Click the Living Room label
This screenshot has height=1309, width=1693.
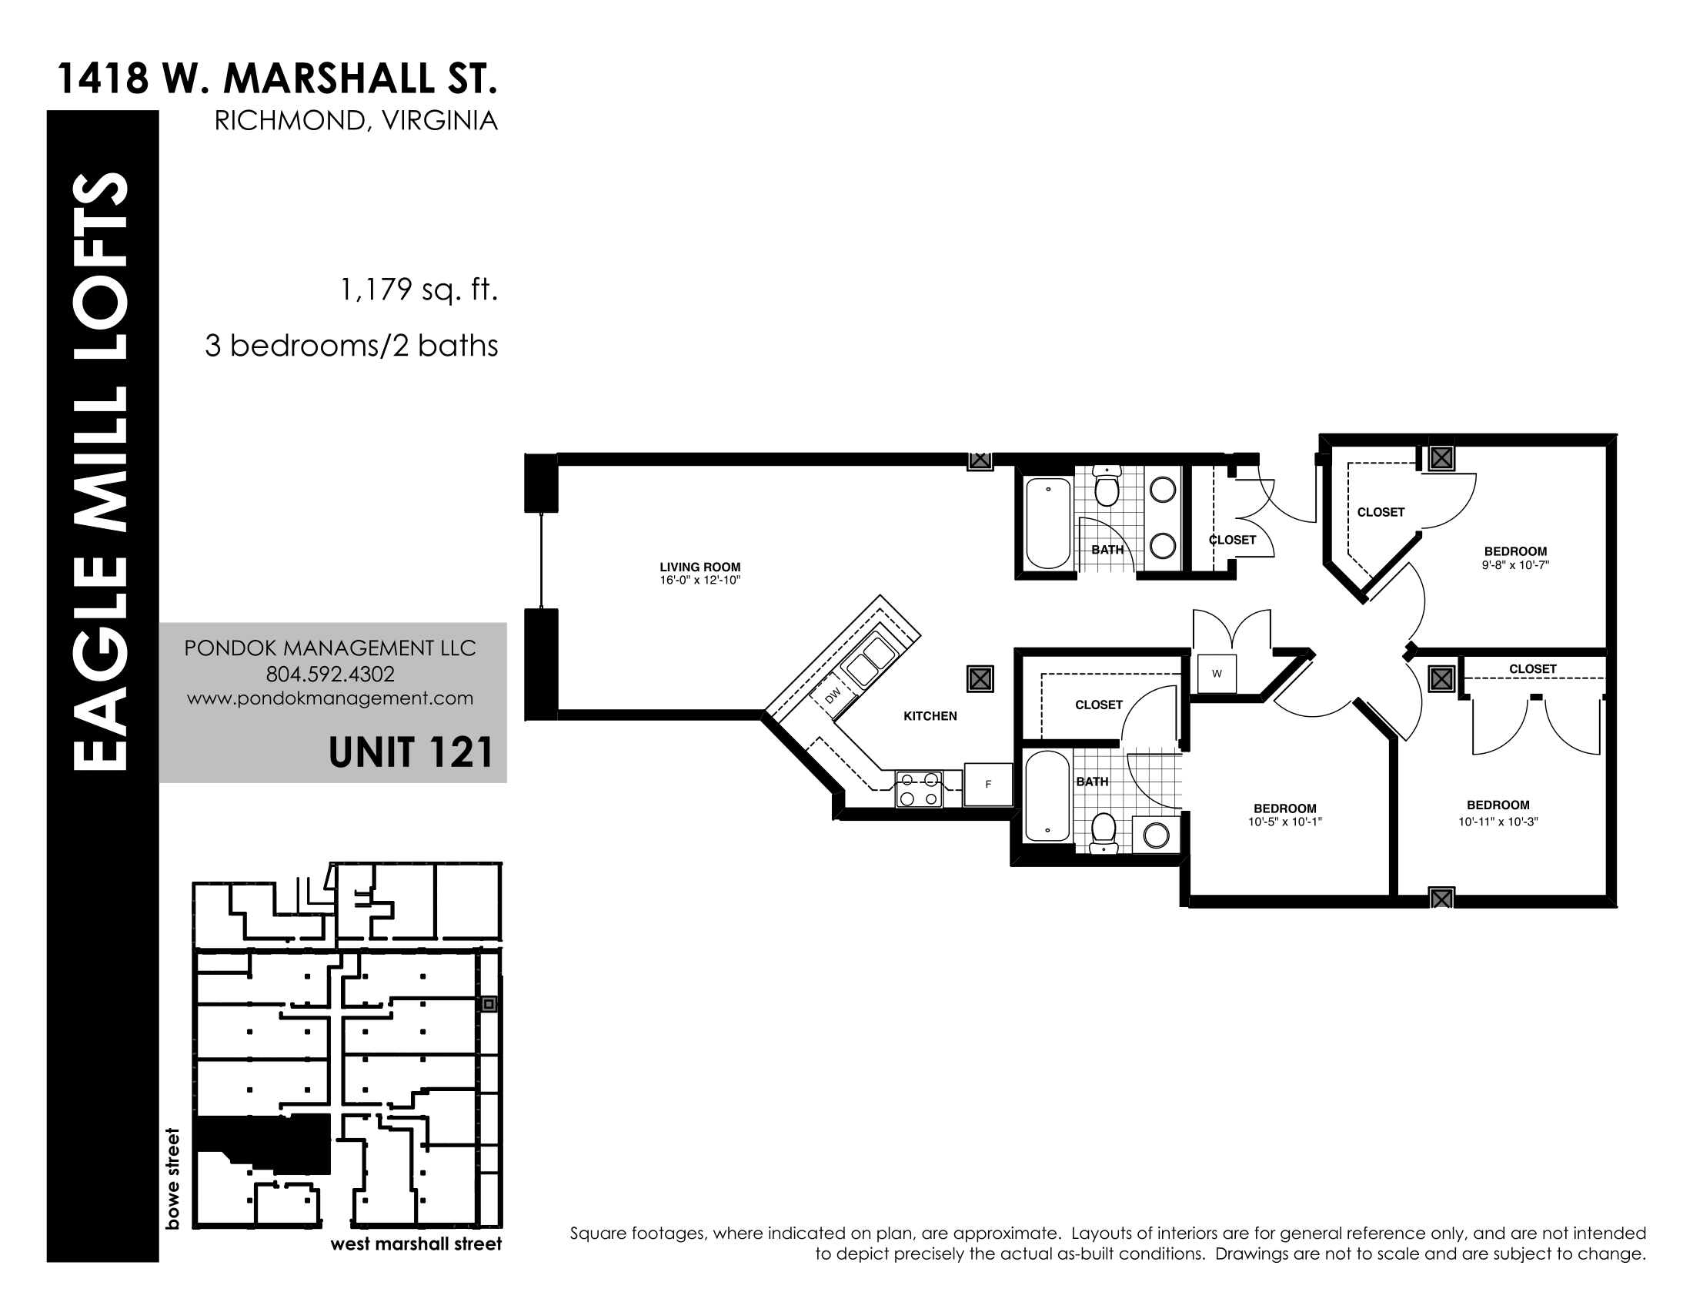(700, 567)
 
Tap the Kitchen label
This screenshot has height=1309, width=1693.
(930, 716)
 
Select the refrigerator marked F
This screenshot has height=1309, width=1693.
(988, 784)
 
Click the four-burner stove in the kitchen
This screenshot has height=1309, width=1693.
(920, 788)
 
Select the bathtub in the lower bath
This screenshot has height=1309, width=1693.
(1047, 795)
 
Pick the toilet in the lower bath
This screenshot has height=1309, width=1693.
(1103, 832)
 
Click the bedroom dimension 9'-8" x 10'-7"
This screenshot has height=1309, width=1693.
(1515, 565)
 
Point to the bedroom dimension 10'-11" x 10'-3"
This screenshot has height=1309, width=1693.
(1498, 822)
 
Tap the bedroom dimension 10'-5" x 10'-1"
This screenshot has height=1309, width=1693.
(1284, 822)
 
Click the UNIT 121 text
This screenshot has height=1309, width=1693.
(411, 752)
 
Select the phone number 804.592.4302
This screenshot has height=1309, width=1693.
(330, 674)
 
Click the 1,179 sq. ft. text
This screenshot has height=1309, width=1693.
(419, 290)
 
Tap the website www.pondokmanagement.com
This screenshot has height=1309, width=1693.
(330, 698)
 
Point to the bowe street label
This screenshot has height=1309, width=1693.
(172, 1179)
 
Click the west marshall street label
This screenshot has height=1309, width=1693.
(416, 1244)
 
